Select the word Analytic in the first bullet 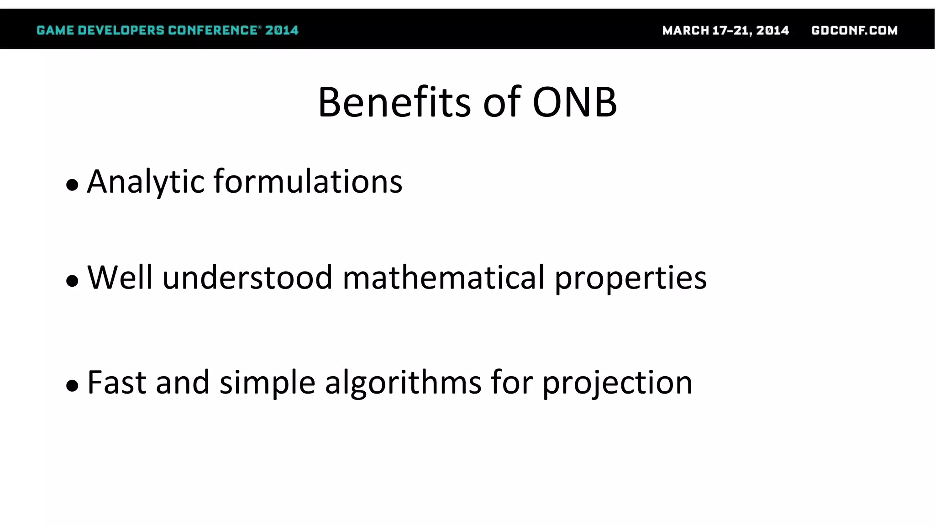coord(146,182)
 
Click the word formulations coord(308,182)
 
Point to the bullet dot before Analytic coord(72,185)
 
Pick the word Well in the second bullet coord(120,277)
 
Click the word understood coord(247,277)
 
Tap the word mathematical coord(443,277)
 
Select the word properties coord(630,278)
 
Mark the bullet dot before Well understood coord(72,281)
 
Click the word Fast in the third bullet coord(116,382)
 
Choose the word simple coord(267,383)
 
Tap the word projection coord(617,383)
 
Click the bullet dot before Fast coord(72,386)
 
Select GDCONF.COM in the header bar coord(854,31)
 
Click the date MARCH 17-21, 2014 coord(725,31)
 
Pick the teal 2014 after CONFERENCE coord(282,31)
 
